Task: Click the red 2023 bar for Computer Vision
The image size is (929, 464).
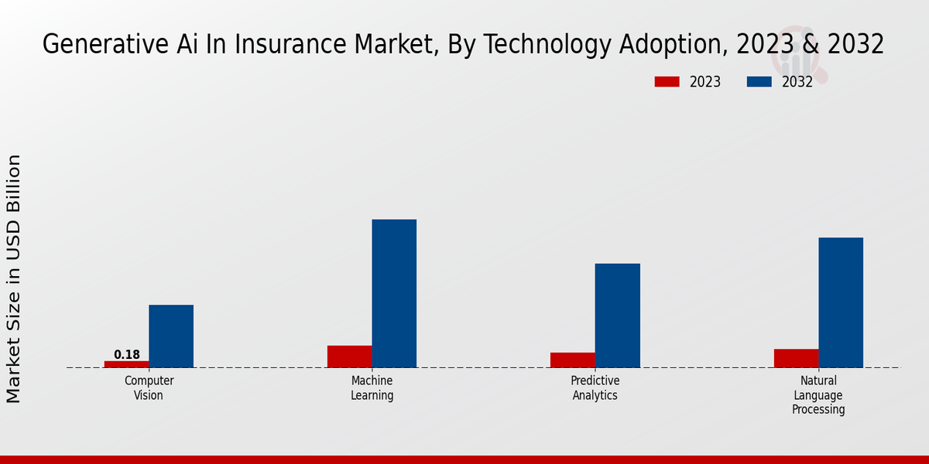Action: (x=126, y=364)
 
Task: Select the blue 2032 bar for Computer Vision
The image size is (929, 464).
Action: (x=171, y=336)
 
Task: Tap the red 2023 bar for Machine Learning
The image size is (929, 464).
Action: (x=349, y=357)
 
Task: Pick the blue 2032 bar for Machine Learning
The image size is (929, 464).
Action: (x=394, y=294)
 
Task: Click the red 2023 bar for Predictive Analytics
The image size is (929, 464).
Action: (x=573, y=360)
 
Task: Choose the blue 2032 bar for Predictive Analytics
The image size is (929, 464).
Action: (x=618, y=316)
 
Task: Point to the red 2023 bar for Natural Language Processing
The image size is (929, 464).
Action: (x=796, y=358)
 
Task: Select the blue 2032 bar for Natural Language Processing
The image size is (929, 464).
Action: (x=841, y=302)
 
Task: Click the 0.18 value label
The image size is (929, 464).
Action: (x=127, y=355)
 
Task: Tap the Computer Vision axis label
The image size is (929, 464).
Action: (x=149, y=388)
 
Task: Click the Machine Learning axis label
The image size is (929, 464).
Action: (x=372, y=388)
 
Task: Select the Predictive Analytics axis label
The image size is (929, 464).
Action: (x=595, y=388)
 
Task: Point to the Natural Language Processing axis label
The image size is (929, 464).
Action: (x=818, y=395)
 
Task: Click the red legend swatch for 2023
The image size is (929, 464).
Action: (x=667, y=82)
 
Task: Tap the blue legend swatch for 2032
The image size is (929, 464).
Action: (x=759, y=82)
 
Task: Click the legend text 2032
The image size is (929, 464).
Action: (x=797, y=82)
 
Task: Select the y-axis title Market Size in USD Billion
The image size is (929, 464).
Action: (x=14, y=278)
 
